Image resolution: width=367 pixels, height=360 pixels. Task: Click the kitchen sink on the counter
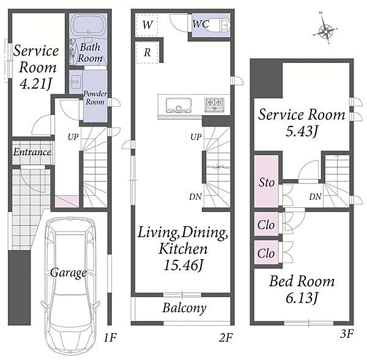179,105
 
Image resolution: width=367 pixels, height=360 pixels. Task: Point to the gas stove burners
215,104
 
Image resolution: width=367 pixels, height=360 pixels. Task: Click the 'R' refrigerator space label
147,53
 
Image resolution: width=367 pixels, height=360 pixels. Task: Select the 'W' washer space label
147,25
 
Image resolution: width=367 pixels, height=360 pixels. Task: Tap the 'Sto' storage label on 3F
266,183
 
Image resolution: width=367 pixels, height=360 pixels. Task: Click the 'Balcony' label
185,308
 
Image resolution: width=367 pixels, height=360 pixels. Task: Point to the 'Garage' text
69,273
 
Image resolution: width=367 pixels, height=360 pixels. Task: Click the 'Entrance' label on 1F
32,152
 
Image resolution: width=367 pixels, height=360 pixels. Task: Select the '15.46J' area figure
183,265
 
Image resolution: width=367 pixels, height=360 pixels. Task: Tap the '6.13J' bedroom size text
302,298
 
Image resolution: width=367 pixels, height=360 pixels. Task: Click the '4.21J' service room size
35,83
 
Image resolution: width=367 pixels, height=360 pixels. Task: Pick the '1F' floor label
110,338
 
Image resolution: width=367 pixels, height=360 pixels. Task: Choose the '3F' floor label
347,334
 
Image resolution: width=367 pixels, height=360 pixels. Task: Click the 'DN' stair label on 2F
196,197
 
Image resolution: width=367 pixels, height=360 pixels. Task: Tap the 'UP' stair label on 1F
73,137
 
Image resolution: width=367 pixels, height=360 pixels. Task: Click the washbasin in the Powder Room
76,82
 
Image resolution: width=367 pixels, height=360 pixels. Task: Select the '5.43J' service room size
302,131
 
